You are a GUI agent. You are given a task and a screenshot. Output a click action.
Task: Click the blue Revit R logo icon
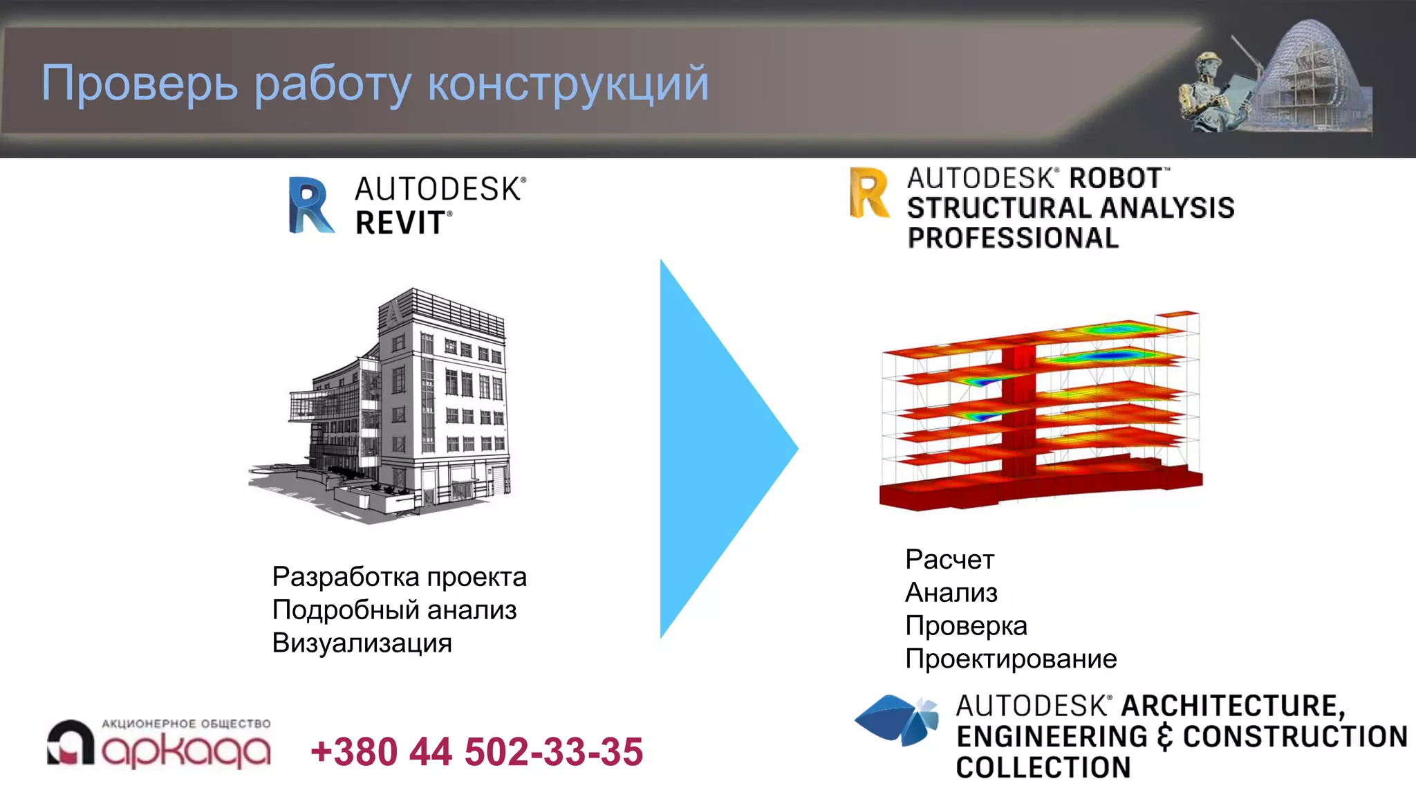point(310,205)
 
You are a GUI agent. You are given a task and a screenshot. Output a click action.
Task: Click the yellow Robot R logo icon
point(869,193)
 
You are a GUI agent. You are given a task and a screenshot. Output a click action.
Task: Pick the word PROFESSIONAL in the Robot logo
point(1012,238)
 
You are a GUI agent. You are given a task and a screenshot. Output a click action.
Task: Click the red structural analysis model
point(1041,412)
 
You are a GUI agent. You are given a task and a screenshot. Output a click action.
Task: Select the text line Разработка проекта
point(399,577)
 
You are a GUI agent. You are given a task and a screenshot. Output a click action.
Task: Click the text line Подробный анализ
point(394,610)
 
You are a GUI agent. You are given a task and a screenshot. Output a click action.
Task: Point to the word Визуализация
point(362,643)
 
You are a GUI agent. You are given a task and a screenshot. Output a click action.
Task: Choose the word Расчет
point(949,560)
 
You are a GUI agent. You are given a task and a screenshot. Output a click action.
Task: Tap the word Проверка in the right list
point(966,626)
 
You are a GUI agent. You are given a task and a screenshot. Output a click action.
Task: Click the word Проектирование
point(1010,659)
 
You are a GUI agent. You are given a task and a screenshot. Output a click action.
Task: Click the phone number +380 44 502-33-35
point(476,752)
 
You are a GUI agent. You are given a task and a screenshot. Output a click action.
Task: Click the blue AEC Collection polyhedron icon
point(897,720)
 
